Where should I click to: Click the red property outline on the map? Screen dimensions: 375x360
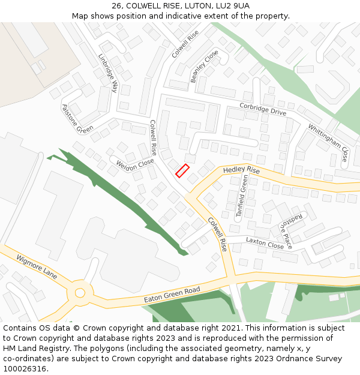[x=182, y=170]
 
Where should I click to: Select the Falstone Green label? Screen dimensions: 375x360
[x=77, y=119]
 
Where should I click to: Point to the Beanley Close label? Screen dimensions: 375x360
[x=205, y=66]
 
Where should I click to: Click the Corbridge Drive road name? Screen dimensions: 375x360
[x=263, y=108]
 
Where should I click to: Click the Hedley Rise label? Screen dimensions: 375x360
[x=241, y=170]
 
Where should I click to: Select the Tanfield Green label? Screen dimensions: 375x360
[x=242, y=196]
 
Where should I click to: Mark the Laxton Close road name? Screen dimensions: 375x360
[x=265, y=243]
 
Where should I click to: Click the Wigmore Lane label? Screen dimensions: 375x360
[x=37, y=266]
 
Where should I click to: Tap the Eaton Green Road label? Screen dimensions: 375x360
[x=172, y=294]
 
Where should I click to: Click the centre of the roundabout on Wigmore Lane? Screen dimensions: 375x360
[x=79, y=293]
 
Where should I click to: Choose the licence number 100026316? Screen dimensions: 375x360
[x=25, y=369]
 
